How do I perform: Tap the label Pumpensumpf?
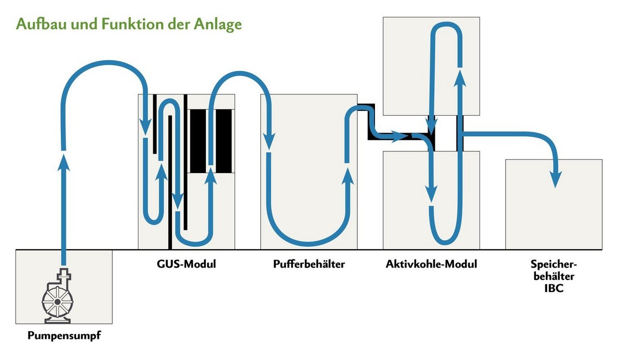[x=64, y=335]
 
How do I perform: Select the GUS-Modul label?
[x=186, y=264]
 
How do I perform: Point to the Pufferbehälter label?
[x=309, y=264]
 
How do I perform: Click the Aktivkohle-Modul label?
[x=431, y=264]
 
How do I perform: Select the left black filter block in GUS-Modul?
[x=197, y=141]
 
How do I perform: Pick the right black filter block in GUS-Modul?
[x=224, y=141]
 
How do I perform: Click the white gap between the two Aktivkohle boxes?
[x=446, y=133]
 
